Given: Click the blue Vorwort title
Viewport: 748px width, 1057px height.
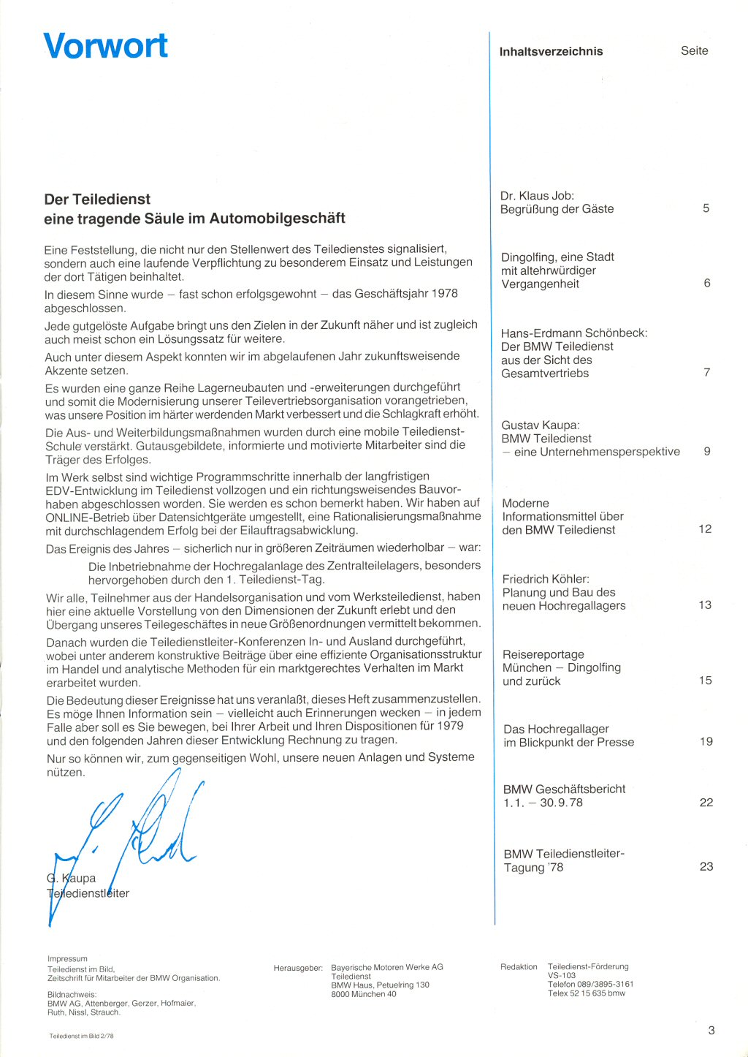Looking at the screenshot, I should pos(106,45).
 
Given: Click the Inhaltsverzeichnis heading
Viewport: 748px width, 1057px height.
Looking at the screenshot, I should pos(551,51).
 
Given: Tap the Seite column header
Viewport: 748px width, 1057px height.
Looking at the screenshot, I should pos(694,50).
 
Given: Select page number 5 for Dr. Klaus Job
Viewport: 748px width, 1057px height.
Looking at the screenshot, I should pos(706,208).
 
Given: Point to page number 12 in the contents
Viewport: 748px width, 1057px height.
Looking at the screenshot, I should pos(704,528).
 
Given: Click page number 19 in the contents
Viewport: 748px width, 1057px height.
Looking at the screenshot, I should pos(706,741).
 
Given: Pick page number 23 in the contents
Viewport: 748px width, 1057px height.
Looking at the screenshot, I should pos(706,866).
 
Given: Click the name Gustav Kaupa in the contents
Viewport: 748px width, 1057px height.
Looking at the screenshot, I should pos(540,425).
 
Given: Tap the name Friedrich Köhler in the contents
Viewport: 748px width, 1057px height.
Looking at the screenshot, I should pos(546,579).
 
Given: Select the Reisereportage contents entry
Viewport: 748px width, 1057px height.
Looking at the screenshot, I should pos(543,654).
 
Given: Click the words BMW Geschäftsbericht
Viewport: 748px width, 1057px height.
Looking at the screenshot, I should pos(564,789).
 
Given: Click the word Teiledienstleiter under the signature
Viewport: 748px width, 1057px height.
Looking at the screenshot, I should pos(88,893).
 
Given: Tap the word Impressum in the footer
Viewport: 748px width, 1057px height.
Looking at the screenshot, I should pos(67,958).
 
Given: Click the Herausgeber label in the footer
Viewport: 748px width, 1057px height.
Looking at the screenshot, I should pos(297,968).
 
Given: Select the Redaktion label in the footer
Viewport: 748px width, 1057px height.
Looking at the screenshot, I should pos(519,966).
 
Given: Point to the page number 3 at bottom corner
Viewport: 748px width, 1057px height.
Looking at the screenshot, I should pos(711,1030).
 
